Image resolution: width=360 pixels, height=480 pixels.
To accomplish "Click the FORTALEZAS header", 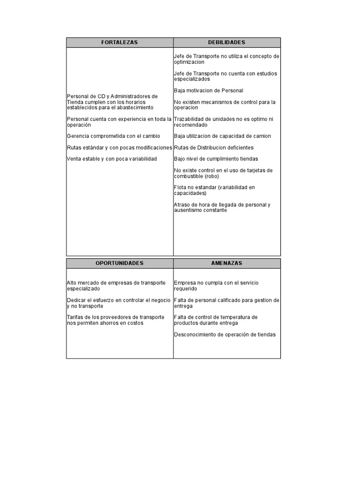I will [120, 43].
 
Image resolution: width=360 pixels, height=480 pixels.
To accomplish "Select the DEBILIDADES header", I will [227, 43].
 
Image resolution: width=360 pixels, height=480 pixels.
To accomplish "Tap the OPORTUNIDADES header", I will [120, 263].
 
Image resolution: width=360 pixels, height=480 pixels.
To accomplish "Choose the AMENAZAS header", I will [227, 263].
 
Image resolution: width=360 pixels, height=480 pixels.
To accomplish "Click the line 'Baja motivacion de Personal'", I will [208, 90].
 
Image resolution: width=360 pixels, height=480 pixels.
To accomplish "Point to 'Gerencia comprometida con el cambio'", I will [113, 136].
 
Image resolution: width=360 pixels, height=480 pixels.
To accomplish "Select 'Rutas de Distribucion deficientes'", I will [213, 148].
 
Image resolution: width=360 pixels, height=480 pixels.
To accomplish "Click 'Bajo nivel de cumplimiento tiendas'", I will [216, 159].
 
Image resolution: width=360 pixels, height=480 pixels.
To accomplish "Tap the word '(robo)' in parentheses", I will [211, 176].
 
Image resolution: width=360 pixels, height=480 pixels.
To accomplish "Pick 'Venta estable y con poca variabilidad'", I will [112, 159].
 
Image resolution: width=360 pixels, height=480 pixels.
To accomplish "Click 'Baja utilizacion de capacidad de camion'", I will [222, 136].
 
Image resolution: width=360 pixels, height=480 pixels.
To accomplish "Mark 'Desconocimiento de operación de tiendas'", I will [225, 335].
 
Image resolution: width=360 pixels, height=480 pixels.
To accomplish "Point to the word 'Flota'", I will [180, 187].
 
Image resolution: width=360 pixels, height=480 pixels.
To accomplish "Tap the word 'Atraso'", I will [181, 205].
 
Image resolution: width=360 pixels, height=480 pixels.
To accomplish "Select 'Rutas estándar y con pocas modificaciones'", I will [120, 148].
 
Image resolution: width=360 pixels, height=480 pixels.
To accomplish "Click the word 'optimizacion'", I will [189, 62].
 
